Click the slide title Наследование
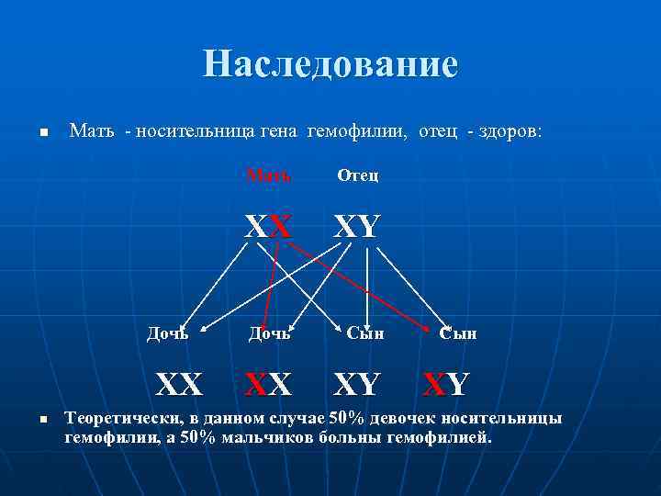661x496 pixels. coord(330,64)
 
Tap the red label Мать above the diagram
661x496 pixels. coord(269,175)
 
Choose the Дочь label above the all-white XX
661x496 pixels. coord(168,333)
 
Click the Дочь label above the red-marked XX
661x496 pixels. coord(269,333)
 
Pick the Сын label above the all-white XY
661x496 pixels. coord(364,333)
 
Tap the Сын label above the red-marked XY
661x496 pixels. coord(457,333)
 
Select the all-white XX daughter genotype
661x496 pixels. coord(180,379)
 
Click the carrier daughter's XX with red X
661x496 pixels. coord(268,379)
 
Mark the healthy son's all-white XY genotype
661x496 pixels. coord(356,379)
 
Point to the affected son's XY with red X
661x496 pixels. coord(446,379)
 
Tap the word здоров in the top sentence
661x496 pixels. coord(510,132)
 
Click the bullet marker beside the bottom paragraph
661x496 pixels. coord(42,420)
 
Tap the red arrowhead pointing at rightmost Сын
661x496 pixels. coord(432,329)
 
